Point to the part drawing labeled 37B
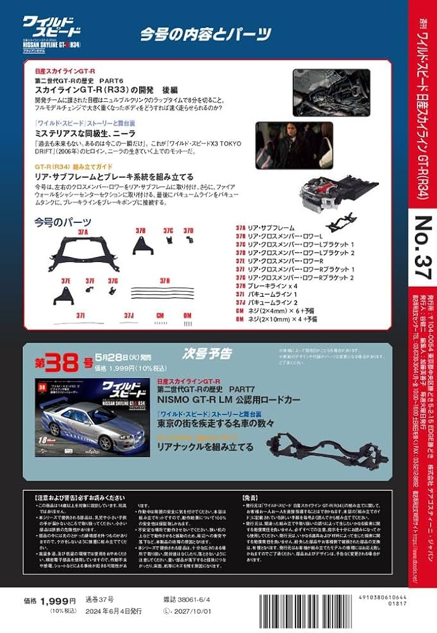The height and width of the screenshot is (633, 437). tap(140, 246)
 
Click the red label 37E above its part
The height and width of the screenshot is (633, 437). tap(66, 280)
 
